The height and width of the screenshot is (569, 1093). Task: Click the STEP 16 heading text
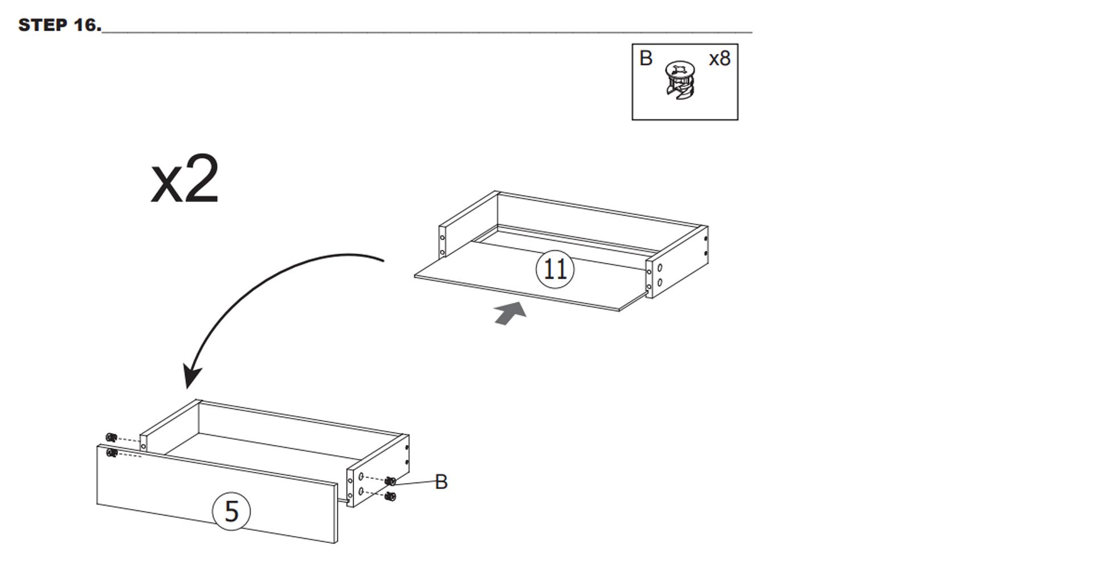[x=60, y=25]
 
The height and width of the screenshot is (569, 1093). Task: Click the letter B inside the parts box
[x=646, y=58]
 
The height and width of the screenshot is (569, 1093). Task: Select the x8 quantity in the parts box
[x=720, y=59]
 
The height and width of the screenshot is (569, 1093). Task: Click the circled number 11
[x=555, y=269]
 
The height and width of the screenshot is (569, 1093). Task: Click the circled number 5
[x=231, y=511]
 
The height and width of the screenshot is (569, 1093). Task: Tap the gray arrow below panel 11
[x=511, y=313]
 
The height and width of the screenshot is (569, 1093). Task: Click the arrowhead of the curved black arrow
[x=192, y=376]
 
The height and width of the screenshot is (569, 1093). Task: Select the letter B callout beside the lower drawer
[x=441, y=482]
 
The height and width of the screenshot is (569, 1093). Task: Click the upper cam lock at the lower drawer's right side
[x=391, y=481]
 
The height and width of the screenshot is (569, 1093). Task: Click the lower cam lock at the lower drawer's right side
[x=391, y=497]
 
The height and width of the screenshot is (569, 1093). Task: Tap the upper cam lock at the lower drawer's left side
[x=112, y=437]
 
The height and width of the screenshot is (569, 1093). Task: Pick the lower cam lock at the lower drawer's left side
[x=112, y=453]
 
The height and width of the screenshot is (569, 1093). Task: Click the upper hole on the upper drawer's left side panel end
[x=442, y=237]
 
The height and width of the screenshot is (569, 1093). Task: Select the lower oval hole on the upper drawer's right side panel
[x=660, y=282]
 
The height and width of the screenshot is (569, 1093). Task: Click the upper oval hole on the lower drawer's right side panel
[x=361, y=476]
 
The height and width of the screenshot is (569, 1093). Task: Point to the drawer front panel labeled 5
[x=217, y=494]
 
